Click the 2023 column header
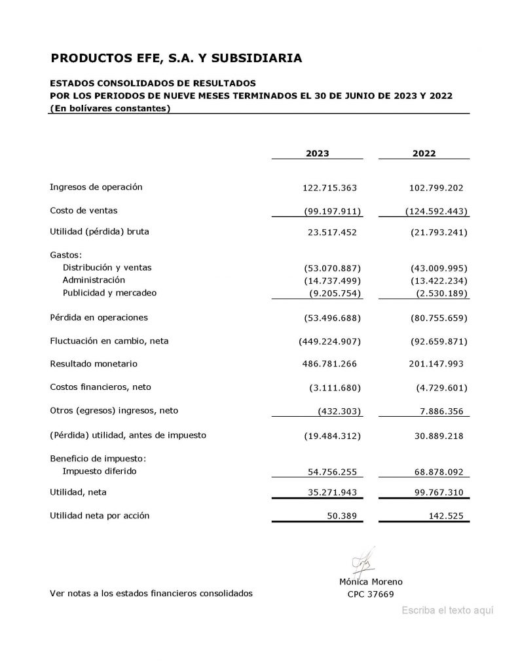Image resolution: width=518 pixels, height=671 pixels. pyautogui.click(x=318, y=154)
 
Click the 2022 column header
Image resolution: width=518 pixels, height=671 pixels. pyautogui.click(x=424, y=154)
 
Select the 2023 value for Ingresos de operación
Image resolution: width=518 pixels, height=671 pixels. pyautogui.click(x=329, y=188)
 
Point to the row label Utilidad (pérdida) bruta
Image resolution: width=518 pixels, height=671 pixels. pyautogui.click(x=104, y=231)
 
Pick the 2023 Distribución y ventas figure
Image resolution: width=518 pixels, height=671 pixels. pyautogui.click(x=333, y=268)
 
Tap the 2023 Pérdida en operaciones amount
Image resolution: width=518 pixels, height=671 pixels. pyautogui.click(x=333, y=318)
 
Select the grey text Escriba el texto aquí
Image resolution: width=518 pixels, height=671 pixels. pyautogui.click(x=447, y=610)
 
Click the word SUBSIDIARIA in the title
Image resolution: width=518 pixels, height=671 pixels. pyautogui.click(x=257, y=58)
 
